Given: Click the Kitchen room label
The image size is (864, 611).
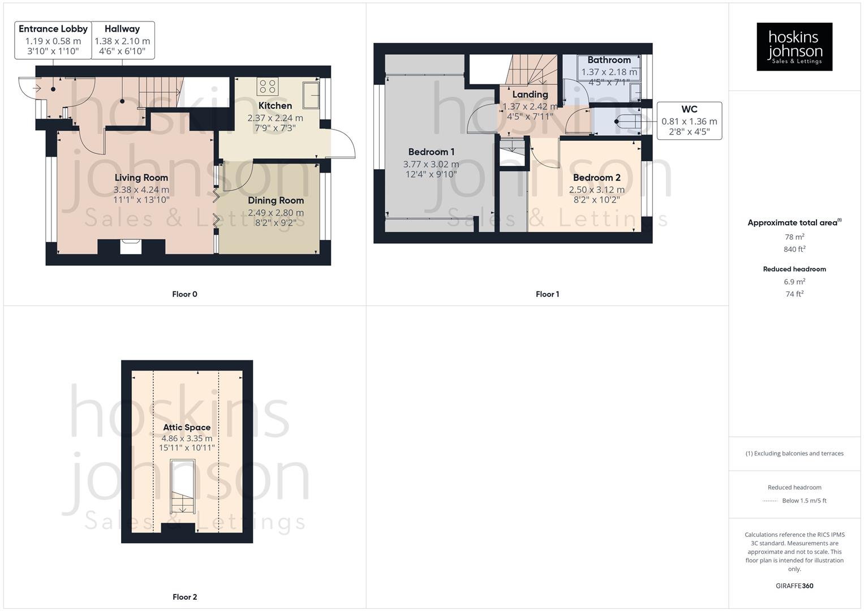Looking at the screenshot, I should [275, 106].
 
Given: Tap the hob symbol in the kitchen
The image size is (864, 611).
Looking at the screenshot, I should [267, 87].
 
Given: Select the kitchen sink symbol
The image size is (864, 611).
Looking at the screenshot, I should [310, 95].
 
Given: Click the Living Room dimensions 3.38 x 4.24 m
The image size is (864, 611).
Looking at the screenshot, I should [141, 190].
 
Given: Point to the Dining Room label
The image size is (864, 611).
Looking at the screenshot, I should [276, 200].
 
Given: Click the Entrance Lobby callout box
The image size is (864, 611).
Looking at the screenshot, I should [53, 40].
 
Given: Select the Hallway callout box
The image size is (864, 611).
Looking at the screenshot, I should [122, 40].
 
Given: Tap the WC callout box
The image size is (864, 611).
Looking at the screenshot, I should [689, 121].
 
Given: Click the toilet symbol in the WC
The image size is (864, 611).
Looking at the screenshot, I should [625, 121].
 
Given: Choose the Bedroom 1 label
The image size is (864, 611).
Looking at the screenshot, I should [431, 152].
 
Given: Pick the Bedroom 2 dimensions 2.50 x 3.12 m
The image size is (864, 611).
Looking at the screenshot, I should [596, 190].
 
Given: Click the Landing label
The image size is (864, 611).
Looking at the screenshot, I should [530, 94].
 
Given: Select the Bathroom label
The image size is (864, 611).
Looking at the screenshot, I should [609, 60].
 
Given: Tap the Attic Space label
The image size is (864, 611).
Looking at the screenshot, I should [187, 427].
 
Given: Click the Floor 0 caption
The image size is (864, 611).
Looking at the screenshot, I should [184, 294].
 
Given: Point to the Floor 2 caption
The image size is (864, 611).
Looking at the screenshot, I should [184, 597].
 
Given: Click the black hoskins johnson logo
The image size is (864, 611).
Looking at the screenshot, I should [794, 46].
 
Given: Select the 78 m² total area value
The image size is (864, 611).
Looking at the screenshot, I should [794, 237].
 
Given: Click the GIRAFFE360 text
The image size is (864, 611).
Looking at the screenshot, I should [794, 586].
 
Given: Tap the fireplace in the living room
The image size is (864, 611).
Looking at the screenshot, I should [131, 246].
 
